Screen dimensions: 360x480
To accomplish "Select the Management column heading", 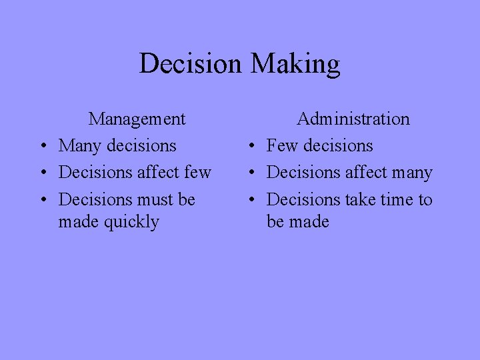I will (137, 119).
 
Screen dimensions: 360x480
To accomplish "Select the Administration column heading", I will (353, 119).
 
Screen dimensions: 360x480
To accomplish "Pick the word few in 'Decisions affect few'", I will (197, 173).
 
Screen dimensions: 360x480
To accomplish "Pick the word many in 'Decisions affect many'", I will (411, 173).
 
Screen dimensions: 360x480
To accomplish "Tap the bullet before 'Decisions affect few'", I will (41, 173).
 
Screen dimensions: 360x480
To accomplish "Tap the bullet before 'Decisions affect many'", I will (250, 173).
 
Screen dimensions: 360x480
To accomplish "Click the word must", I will (155, 200).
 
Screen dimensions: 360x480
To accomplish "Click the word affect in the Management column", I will (157, 173).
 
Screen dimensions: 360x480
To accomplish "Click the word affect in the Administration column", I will (365, 173).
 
